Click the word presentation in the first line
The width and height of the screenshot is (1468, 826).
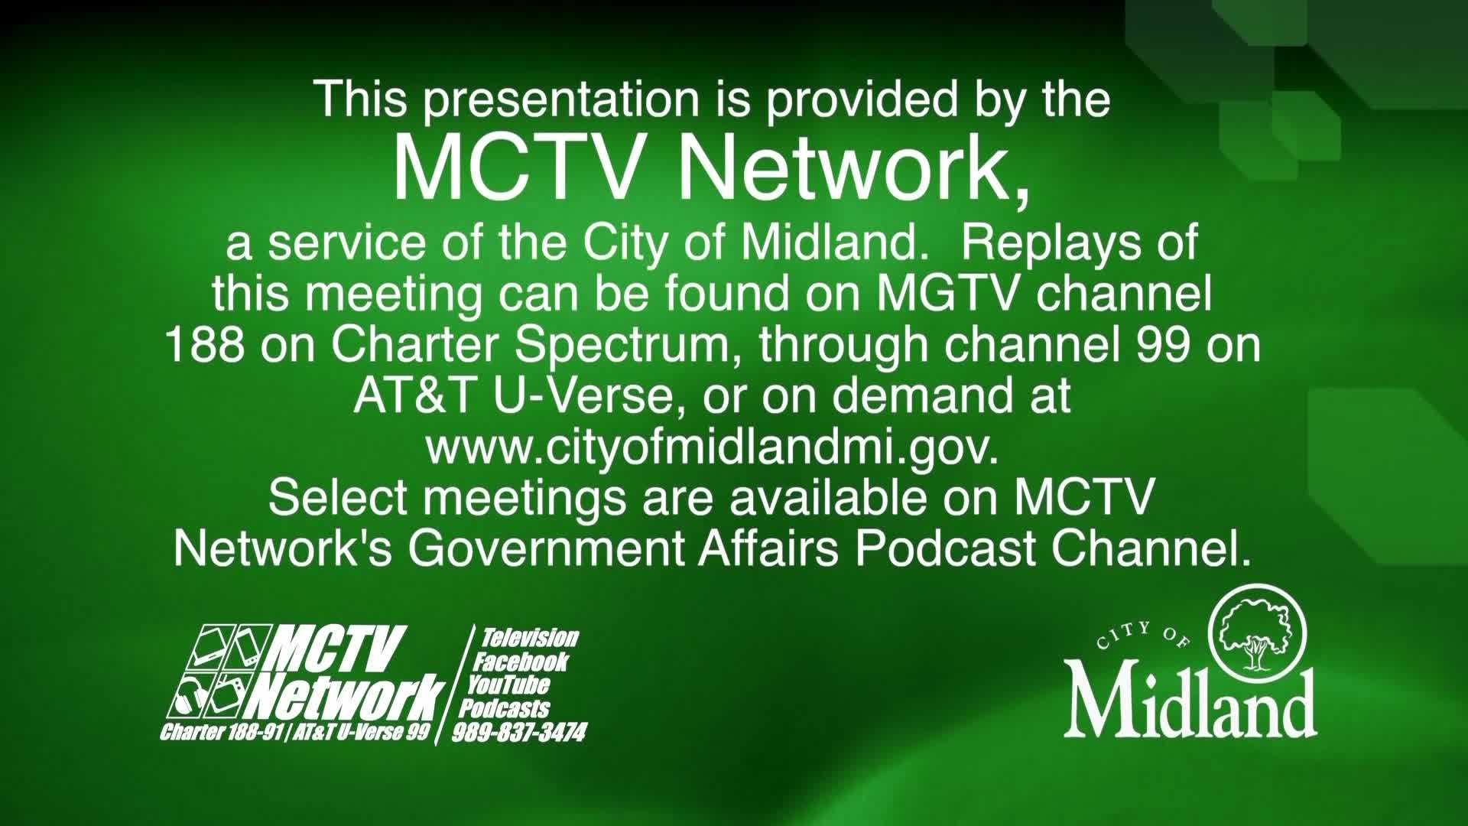click(562, 100)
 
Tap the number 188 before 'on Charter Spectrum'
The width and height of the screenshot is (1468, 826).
click(205, 346)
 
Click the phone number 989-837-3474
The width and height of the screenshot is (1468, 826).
click(520, 733)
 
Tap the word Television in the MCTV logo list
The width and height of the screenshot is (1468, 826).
click(529, 638)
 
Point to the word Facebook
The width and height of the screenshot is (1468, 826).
click(521, 662)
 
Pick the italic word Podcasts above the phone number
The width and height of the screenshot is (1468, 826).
click(505, 708)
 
